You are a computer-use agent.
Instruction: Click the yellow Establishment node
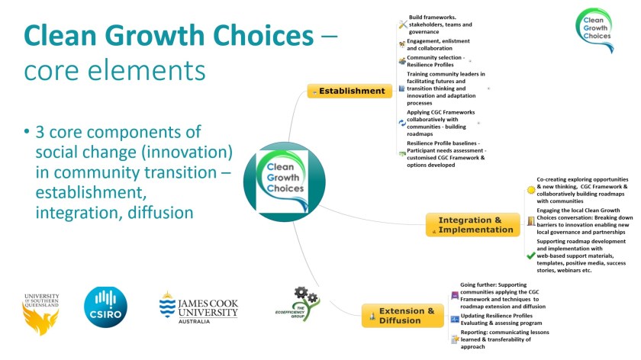point(350,91)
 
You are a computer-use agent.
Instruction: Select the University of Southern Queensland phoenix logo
point(41,312)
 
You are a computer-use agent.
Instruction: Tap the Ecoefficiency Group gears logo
point(297,304)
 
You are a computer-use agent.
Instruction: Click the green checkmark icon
point(530,256)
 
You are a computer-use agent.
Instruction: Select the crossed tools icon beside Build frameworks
point(402,25)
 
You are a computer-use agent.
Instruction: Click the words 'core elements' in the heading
point(114,70)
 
